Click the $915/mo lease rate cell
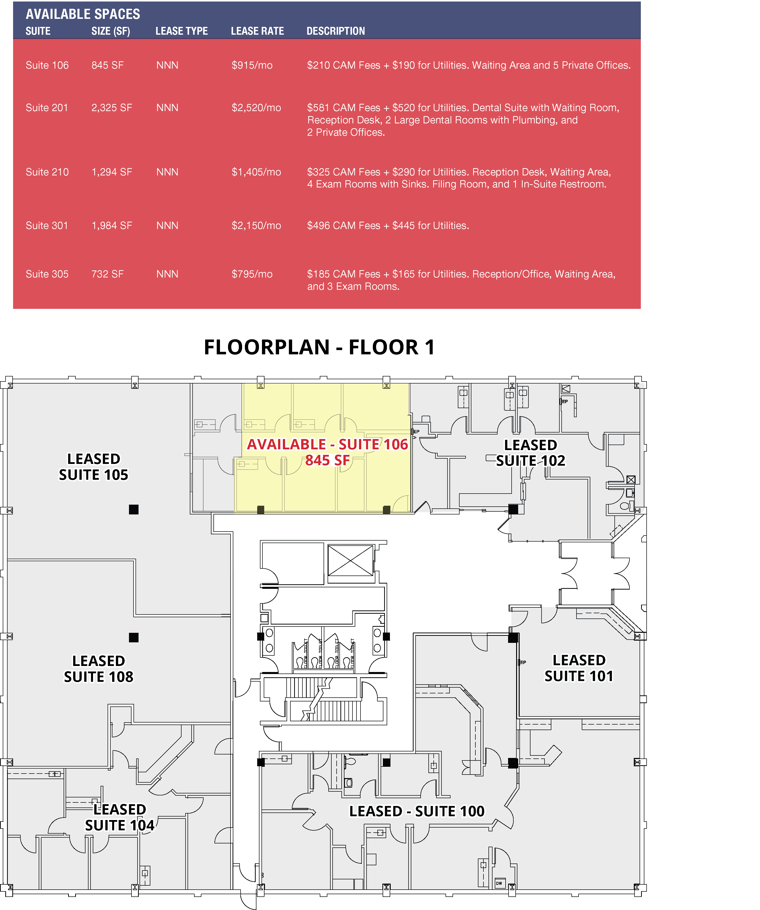(x=252, y=65)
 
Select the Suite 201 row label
(x=47, y=108)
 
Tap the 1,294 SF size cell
(x=111, y=172)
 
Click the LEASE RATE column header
(x=257, y=31)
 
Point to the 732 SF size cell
(x=107, y=274)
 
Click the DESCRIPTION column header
(x=336, y=31)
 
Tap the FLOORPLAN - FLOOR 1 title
(x=319, y=347)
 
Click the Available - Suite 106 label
(x=327, y=445)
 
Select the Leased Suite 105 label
(x=94, y=467)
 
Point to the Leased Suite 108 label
(x=98, y=669)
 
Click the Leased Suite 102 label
(x=531, y=453)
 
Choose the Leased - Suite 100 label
(x=417, y=811)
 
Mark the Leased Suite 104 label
(x=120, y=817)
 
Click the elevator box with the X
(x=350, y=561)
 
